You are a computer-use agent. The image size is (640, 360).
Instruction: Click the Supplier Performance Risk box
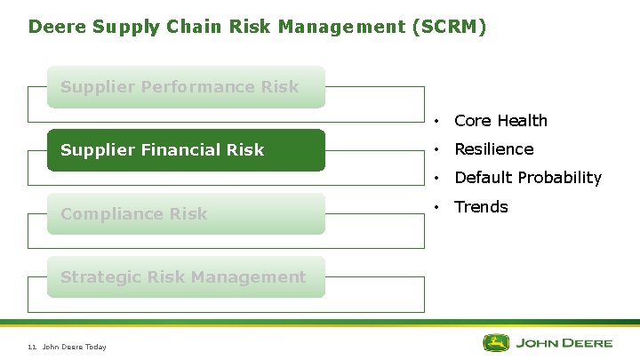pyautogui.click(x=186, y=87)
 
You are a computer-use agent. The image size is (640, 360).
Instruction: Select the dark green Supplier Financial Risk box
pyautogui.click(x=186, y=150)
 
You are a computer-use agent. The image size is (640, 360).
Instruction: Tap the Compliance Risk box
pyautogui.click(x=186, y=213)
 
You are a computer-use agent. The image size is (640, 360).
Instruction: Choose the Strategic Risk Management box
pyautogui.click(x=186, y=276)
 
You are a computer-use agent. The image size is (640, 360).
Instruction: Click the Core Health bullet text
pyautogui.click(x=500, y=121)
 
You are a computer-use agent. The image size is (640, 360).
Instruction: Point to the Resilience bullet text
pyautogui.click(x=493, y=149)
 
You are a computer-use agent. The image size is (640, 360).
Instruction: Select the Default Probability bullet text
pyautogui.click(x=528, y=178)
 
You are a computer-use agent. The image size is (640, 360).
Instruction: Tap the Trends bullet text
pyautogui.click(x=481, y=207)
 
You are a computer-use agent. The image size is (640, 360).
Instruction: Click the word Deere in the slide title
pyautogui.click(x=52, y=27)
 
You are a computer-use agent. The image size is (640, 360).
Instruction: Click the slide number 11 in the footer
pyautogui.click(x=32, y=347)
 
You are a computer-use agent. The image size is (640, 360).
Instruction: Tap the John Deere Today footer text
pyautogui.click(x=75, y=347)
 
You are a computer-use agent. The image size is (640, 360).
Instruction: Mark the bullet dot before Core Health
pyautogui.click(x=438, y=121)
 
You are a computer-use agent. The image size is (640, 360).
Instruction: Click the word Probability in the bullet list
pyautogui.click(x=560, y=178)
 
